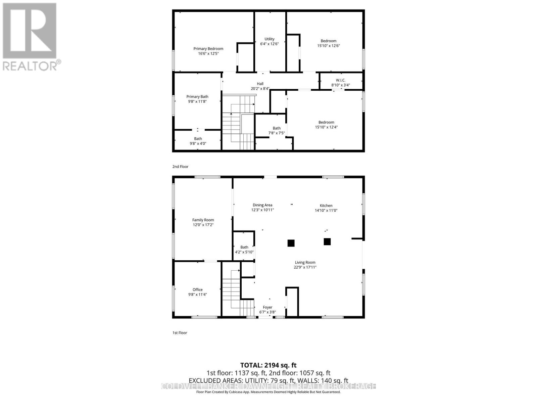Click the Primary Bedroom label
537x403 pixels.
pyautogui.click(x=208, y=49)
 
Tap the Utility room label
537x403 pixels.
pyautogui.click(x=269, y=39)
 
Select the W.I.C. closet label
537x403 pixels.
pyautogui.click(x=340, y=80)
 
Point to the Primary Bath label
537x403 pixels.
pyautogui.click(x=197, y=97)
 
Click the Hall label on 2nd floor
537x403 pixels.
pyautogui.click(x=260, y=84)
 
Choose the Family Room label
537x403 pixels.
pyautogui.click(x=203, y=220)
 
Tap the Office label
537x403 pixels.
pyautogui.click(x=197, y=289)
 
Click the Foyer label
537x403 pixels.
pyautogui.click(x=267, y=307)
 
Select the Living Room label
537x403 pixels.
pyautogui.click(x=305, y=263)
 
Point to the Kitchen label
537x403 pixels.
pyautogui.click(x=326, y=206)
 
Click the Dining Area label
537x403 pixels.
pyautogui.click(x=262, y=205)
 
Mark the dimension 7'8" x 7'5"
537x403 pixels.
pyautogui.click(x=277, y=133)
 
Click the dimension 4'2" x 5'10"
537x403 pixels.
pyautogui.click(x=244, y=252)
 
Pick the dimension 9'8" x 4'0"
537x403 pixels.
pyautogui.click(x=198, y=144)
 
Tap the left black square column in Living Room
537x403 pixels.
pyautogui.click(x=291, y=243)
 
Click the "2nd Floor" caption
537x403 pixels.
pyautogui.click(x=181, y=167)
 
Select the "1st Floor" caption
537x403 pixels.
pyautogui.click(x=180, y=333)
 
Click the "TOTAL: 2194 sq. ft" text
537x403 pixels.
pyautogui.click(x=268, y=365)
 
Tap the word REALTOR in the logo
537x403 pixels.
pyautogui.click(x=30, y=66)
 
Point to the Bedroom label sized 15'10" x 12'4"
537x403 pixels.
pyautogui.click(x=326, y=122)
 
